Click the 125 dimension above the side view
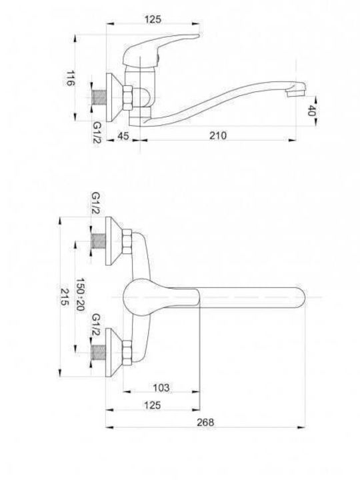point(153,19)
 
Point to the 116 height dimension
point(71,79)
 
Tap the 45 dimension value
point(123,135)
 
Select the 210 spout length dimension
point(218,135)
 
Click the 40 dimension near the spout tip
point(311,111)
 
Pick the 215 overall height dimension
point(64,297)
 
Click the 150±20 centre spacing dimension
point(80,294)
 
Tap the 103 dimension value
point(161,387)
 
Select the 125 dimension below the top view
point(153,405)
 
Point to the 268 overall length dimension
point(205,423)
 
